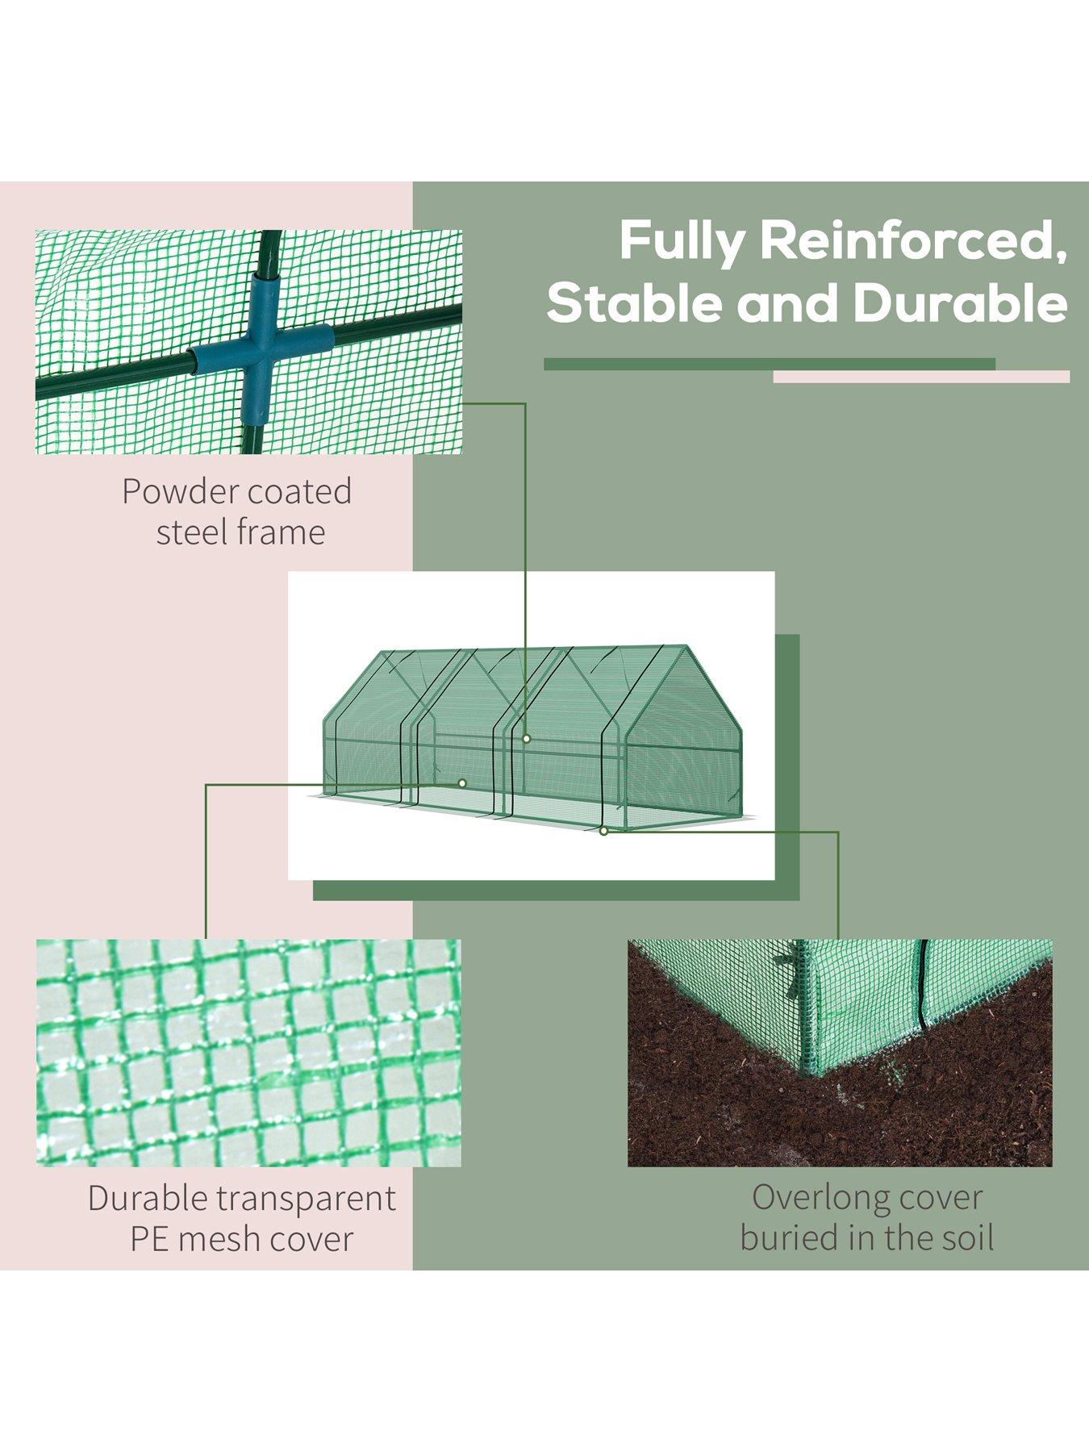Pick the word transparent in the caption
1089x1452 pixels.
307,1199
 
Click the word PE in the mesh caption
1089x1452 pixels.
149,1239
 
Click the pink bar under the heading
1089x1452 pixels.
920,377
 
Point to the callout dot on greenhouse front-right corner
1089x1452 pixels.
603,831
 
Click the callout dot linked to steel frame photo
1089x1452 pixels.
526,738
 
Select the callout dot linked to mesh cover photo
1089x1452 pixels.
462,782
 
